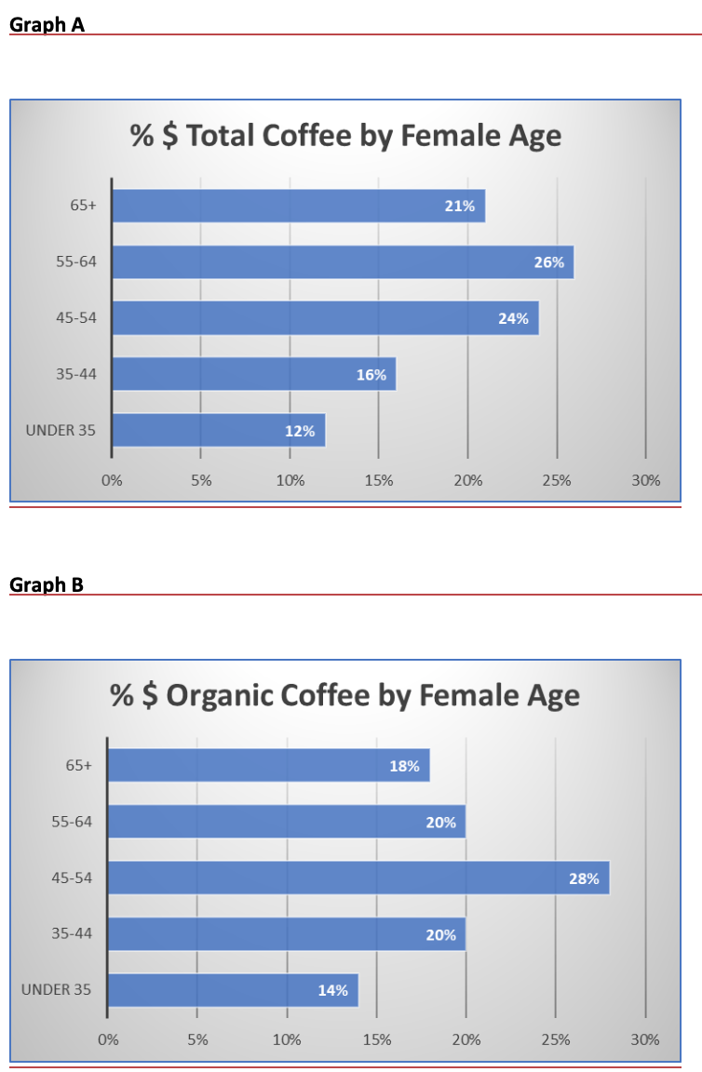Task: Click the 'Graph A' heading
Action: (47, 25)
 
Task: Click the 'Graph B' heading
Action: (47, 584)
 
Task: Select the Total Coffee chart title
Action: (346, 136)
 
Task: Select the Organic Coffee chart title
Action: (345, 695)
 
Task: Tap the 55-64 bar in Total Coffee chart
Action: (342, 262)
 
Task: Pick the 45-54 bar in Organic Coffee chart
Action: (358, 878)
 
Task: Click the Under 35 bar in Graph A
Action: (218, 431)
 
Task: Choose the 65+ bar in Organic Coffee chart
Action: (268, 766)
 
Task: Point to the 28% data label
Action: (584, 878)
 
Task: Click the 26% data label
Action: (548, 262)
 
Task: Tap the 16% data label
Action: (371, 375)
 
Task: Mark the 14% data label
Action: (332, 990)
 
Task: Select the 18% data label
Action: (404, 767)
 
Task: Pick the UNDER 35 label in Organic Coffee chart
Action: (57, 989)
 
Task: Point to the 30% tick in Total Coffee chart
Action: (645, 481)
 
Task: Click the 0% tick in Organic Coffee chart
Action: (108, 1039)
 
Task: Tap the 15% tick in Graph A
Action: (379, 481)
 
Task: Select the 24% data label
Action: (513, 318)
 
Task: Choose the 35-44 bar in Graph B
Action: (286, 934)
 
